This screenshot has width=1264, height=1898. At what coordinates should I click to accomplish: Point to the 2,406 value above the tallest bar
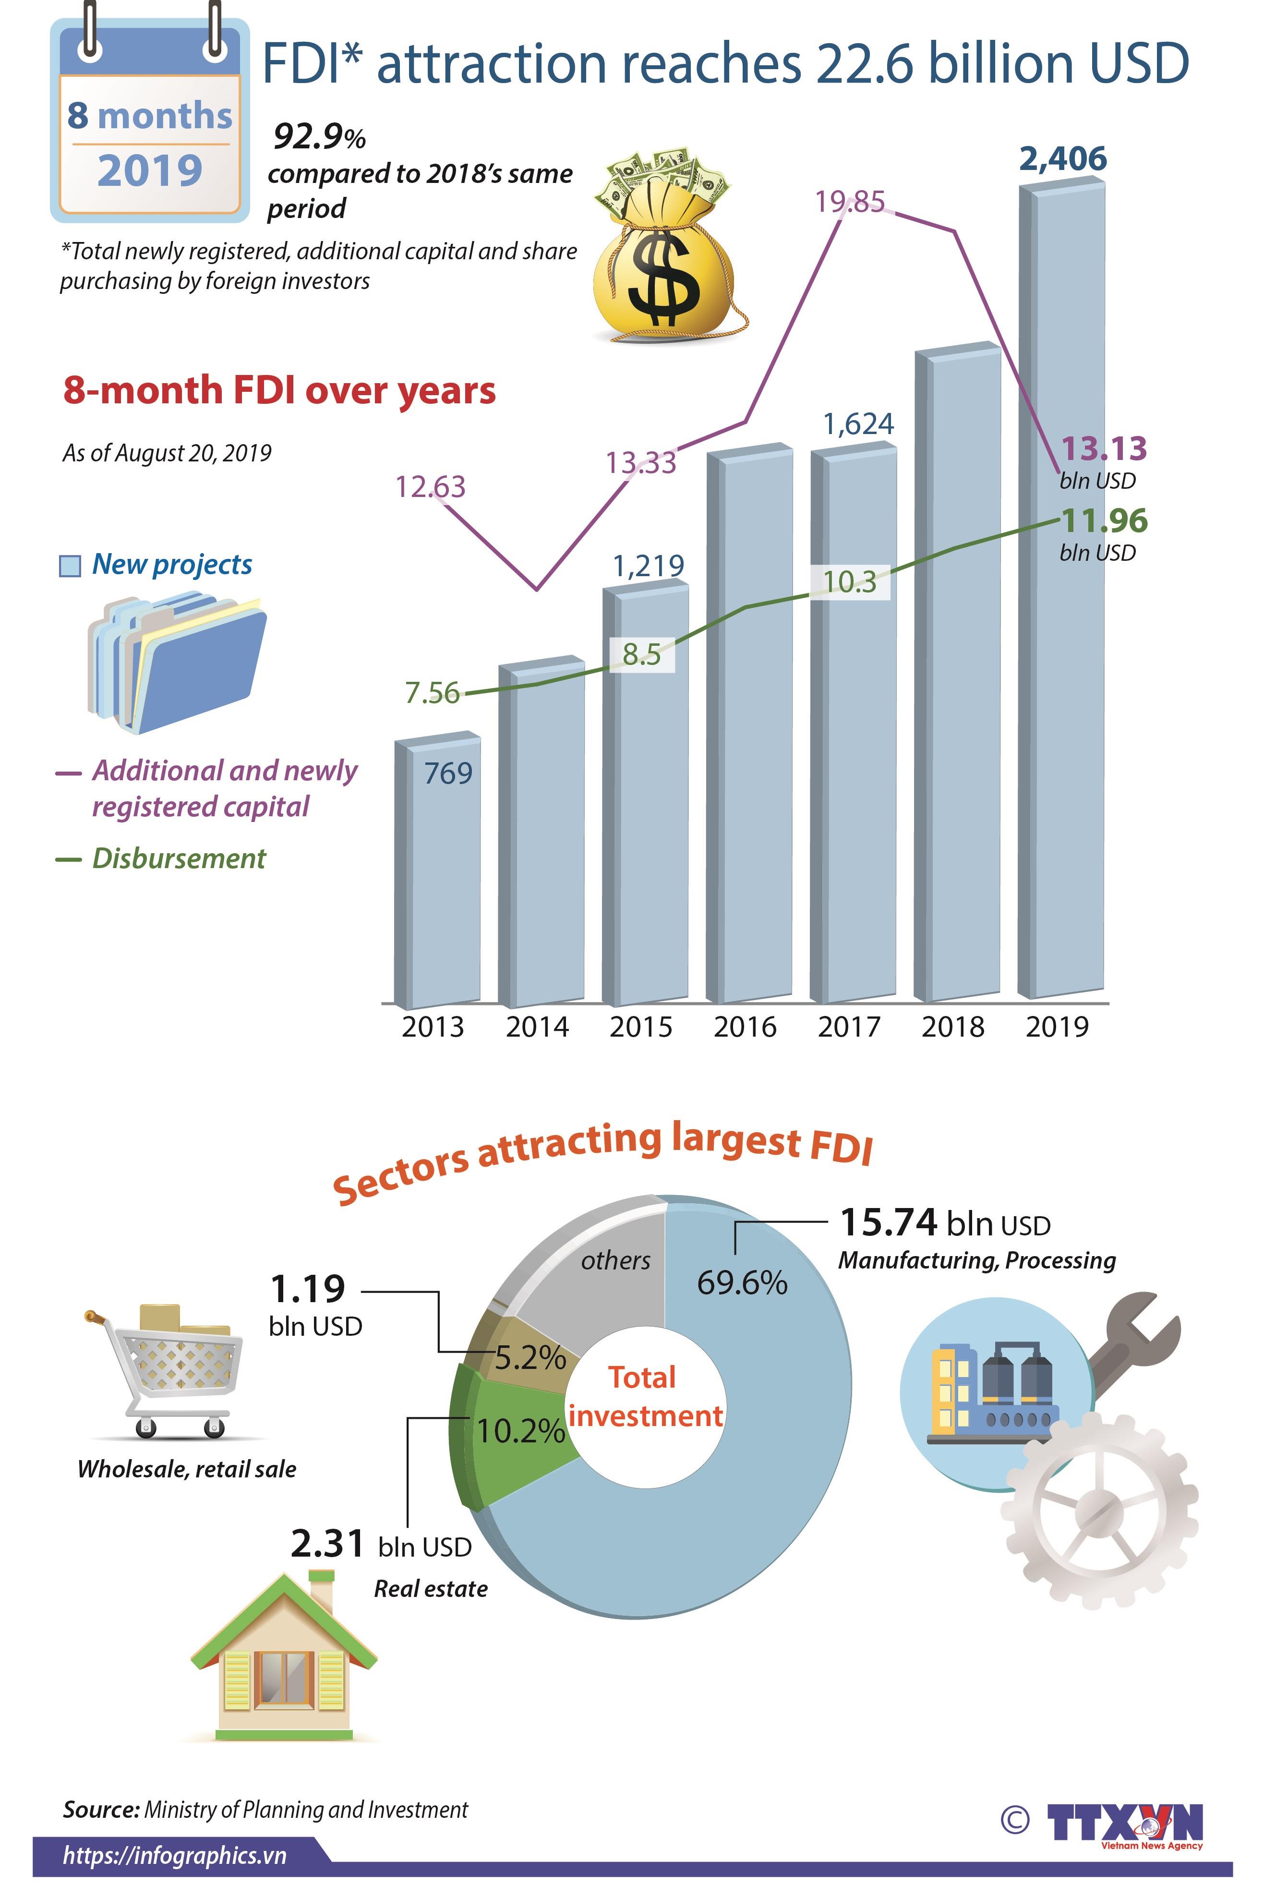coord(1062,159)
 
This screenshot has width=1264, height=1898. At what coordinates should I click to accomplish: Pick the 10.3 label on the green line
coord(850,581)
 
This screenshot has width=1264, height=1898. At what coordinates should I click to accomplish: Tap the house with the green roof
coord(284,1661)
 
